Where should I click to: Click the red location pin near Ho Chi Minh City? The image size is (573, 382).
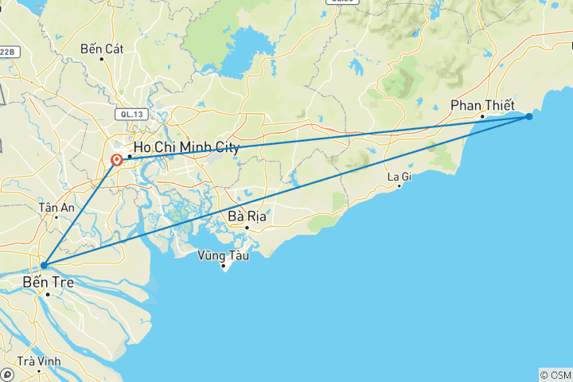point(117,160)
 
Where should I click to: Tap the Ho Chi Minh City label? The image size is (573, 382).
point(185,147)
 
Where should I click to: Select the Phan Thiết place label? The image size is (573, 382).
point(482,105)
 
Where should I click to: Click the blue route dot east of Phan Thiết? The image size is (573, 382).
point(528,117)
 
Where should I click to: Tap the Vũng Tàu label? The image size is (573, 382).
point(224,255)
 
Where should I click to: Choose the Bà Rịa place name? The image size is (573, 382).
point(247,216)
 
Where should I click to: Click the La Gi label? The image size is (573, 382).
point(399,176)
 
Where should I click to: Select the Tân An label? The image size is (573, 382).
point(56,207)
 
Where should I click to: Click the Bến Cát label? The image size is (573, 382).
point(102,49)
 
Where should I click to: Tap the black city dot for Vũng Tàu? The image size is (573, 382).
point(224,266)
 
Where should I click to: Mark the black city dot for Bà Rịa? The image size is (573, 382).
point(247,227)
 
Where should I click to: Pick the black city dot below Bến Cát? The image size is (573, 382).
point(102,58)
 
